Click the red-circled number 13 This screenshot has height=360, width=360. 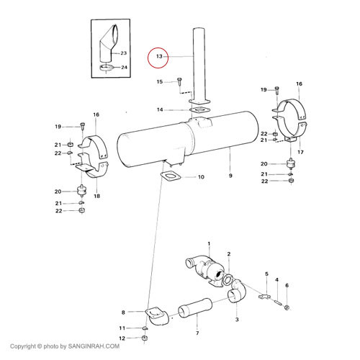(x=159, y=56)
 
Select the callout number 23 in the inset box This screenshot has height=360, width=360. (x=123, y=53)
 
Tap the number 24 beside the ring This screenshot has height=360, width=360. (x=124, y=67)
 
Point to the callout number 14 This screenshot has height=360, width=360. (x=160, y=109)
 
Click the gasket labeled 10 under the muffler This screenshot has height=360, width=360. (x=170, y=176)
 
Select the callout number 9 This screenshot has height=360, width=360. (x=230, y=176)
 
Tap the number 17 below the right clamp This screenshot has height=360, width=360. (x=300, y=152)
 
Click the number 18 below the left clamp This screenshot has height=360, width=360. (x=96, y=196)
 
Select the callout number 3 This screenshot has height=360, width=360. (x=237, y=320)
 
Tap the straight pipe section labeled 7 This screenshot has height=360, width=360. (x=195, y=308)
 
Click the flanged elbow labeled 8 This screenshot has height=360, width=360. (x=156, y=315)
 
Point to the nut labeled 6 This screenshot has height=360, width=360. (x=287, y=307)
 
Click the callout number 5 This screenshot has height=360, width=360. (x=266, y=274)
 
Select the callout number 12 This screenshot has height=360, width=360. (x=122, y=338)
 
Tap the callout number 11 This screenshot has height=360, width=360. (x=122, y=328)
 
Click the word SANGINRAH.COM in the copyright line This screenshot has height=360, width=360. (x=94, y=346)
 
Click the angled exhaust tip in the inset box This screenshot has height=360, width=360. (x=108, y=44)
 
